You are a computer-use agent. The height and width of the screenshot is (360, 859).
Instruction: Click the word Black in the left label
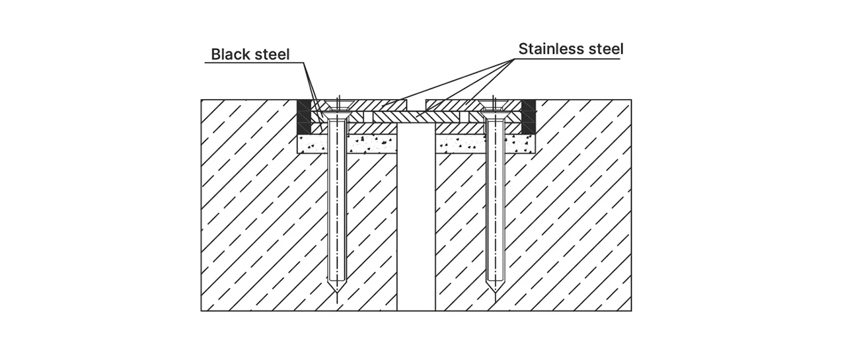click(x=231, y=54)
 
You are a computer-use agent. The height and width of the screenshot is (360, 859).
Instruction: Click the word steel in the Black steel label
click(x=272, y=54)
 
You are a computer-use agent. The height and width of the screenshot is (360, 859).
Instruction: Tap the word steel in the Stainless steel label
click(x=607, y=49)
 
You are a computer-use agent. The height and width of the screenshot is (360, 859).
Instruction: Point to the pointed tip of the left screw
click(x=337, y=293)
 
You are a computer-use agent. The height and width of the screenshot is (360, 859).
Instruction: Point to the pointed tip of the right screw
click(x=494, y=293)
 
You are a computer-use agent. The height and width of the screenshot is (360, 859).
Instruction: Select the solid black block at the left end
click(x=305, y=117)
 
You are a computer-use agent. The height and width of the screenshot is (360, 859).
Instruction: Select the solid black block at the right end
click(x=529, y=117)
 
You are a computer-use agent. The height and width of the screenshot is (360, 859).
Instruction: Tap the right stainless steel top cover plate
click(x=473, y=105)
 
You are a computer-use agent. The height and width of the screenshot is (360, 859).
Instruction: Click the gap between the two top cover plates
click(x=416, y=106)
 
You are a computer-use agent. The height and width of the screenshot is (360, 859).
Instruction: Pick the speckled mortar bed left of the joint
click(x=348, y=144)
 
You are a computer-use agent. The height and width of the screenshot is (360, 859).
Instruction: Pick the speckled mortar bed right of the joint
click(x=486, y=144)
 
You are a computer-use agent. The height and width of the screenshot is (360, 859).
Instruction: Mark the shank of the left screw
click(x=337, y=199)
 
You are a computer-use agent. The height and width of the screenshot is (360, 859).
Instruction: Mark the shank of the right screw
click(x=494, y=199)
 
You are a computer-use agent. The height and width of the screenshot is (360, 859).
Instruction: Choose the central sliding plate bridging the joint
click(x=416, y=117)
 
